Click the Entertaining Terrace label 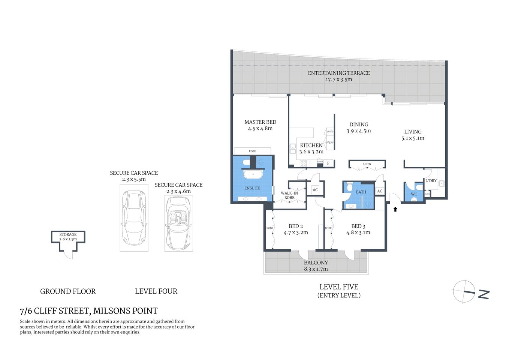click(339, 73)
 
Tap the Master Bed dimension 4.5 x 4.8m click(260, 129)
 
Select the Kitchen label click(311, 145)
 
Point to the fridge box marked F click(329, 163)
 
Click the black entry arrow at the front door click(395, 209)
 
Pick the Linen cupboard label click(367, 164)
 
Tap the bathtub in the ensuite click(253, 174)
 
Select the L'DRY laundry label click(431, 181)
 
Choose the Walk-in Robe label click(289, 195)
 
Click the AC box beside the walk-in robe click(315, 190)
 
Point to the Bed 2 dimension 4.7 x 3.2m click(296, 232)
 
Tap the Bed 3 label click(358, 226)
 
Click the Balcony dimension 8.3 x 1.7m click(316, 269)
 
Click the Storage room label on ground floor click(68, 234)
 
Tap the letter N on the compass click(484, 294)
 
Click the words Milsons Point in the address click(125, 311)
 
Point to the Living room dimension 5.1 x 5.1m click(413, 138)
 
